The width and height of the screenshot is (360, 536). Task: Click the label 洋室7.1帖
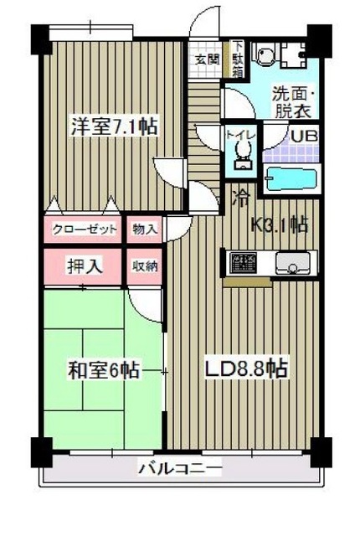tap(114, 127)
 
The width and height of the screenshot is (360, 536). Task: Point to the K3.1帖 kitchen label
tap(279, 224)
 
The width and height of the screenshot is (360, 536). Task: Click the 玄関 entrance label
tap(208, 59)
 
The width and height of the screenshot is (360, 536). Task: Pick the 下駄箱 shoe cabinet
tap(239, 59)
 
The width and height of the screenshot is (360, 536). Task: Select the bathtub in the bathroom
tap(291, 178)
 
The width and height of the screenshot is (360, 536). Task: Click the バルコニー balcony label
tap(180, 470)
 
